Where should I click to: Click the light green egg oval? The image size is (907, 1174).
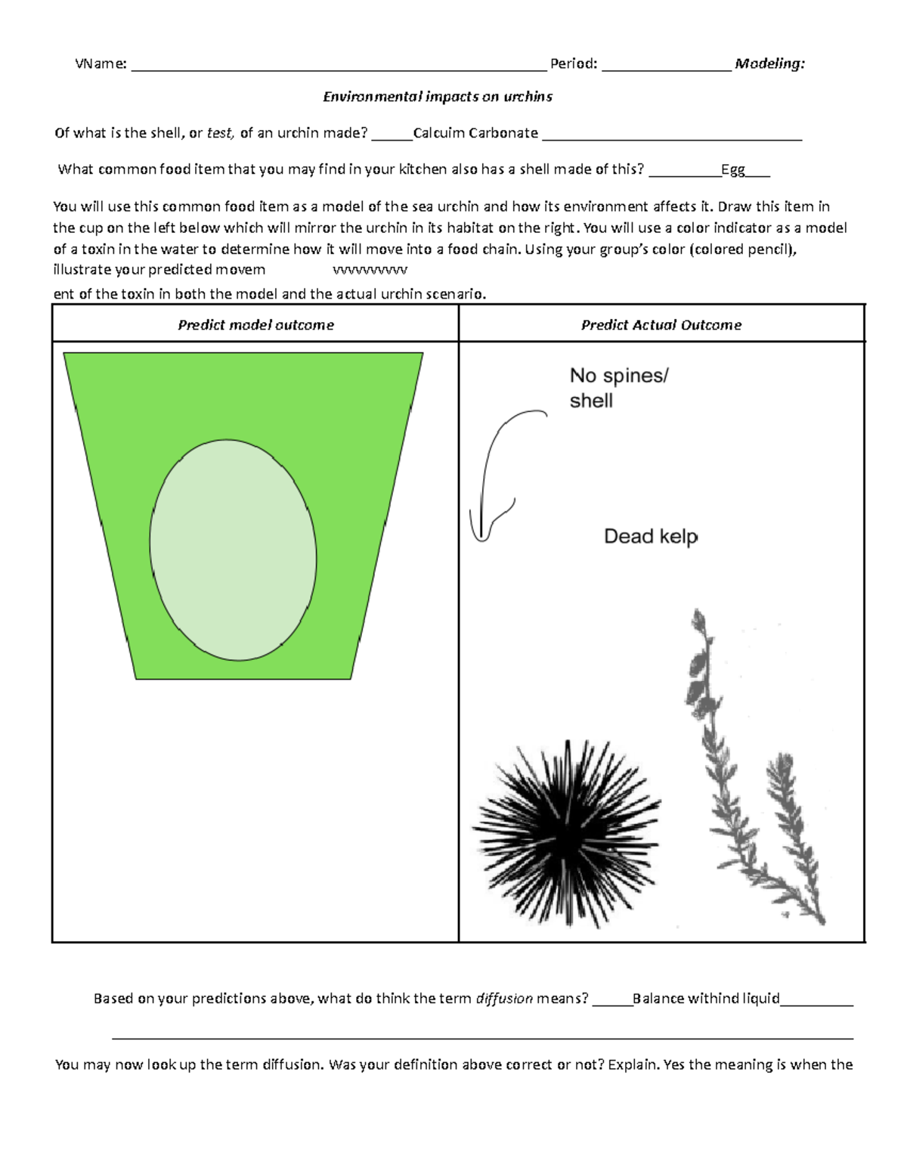[x=233, y=541]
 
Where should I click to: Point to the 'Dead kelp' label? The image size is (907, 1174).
[x=651, y=537]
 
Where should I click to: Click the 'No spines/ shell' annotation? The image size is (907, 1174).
[x=618, y=388]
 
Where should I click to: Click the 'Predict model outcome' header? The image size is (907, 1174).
[x=255, y=325]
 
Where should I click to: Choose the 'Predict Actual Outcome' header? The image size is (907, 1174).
[x=661, y=325]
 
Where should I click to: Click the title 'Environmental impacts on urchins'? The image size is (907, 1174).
[x=438, y=97]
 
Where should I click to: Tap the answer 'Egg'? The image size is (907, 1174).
[x=732, y=169]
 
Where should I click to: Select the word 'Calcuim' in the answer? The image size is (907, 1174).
[x=438, y=133]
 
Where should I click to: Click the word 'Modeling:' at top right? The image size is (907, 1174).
[x=769, y=64]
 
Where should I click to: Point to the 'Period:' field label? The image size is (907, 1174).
[x=574, y=64]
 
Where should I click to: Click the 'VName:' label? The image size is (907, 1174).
[x=101, y=64]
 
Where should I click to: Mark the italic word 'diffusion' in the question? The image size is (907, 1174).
[x=503, y=999]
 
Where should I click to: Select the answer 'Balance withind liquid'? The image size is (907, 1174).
[x=706, y=999]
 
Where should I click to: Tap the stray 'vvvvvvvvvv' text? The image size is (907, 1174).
[x=370, y=270]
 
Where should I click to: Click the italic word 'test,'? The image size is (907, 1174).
[x=220, y=133]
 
